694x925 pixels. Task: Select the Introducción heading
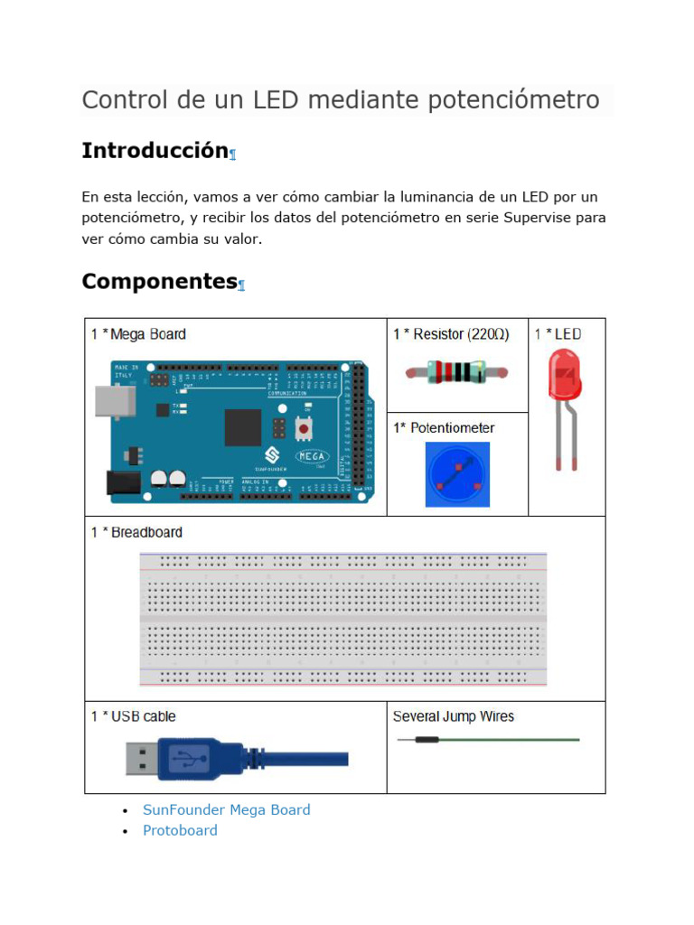tap(155, 151)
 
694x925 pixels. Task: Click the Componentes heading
tap(159, 282)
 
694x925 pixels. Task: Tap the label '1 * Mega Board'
tap(138, 334)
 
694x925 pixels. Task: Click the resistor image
tap(456, 371)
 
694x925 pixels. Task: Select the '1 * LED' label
tap(558, 334)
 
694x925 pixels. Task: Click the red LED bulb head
tap(565, 375)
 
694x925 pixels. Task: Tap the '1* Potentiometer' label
tap(444, 428)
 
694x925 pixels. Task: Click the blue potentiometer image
tap(457, 474)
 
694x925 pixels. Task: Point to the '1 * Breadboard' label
tap(136, 533)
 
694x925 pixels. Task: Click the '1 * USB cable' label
tap(133, 716)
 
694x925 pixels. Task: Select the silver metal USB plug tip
tap(140, 757)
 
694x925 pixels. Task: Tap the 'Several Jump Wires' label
tap(453, 716)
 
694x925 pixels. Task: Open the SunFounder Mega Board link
tap(226, 809)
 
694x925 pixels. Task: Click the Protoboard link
tap(180, 830)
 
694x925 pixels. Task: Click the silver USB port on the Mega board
tap(115, 401)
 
